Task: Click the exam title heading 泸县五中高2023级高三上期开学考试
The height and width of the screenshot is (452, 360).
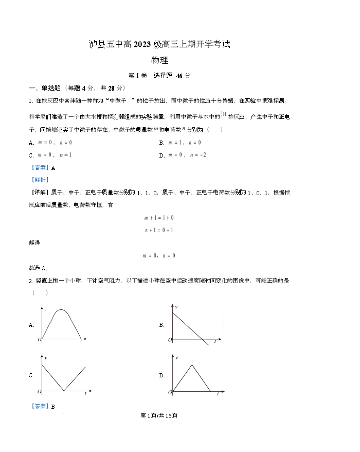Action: coord(159,45)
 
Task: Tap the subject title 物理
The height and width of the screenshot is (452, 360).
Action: coord(160,61)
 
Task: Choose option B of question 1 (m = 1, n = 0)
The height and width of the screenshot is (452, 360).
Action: coord(180,143)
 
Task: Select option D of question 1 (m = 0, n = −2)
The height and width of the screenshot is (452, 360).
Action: coord(183,155)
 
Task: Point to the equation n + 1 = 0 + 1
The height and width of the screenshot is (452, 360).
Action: coord(158,230)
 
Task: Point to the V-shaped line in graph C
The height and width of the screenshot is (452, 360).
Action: coord(63,378)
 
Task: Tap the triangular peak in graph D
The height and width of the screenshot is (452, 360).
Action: coord(191,367)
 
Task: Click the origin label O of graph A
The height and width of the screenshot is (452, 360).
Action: coord(39,340)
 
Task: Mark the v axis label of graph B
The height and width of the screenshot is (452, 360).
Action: coord(176,307)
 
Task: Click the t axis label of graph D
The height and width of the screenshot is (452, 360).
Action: coord(218,394)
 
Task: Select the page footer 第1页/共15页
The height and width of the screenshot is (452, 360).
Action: coord(159,415)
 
